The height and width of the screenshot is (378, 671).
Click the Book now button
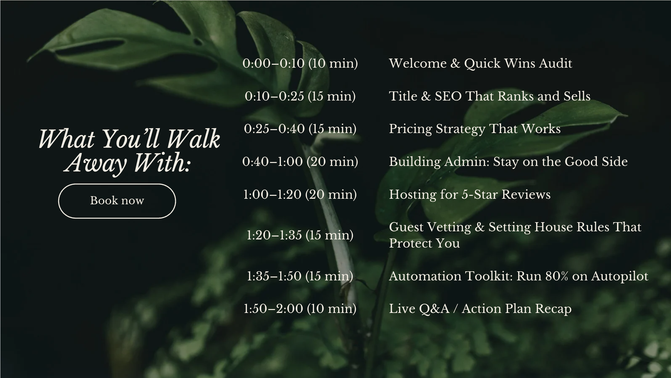coord(117,201)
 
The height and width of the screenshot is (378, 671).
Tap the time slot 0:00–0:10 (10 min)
coord(300,63)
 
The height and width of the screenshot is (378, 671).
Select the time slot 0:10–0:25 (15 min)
coord(300,96)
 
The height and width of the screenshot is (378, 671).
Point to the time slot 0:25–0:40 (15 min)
coord(300,129)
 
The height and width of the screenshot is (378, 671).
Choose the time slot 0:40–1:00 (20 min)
coord(300,162)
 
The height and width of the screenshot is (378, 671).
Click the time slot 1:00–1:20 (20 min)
coord(300,195)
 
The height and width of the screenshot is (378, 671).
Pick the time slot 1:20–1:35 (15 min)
coord(300,235)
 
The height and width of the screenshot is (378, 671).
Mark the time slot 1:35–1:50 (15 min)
coord(300,276)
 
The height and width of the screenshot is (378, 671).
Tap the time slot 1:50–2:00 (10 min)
coord(300,309)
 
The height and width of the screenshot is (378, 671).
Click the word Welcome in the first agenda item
coord(418,63)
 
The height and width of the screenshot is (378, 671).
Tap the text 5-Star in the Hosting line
coord(480,195)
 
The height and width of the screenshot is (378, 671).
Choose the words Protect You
coord(425,243)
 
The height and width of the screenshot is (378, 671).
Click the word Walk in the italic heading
coord(194,139)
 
